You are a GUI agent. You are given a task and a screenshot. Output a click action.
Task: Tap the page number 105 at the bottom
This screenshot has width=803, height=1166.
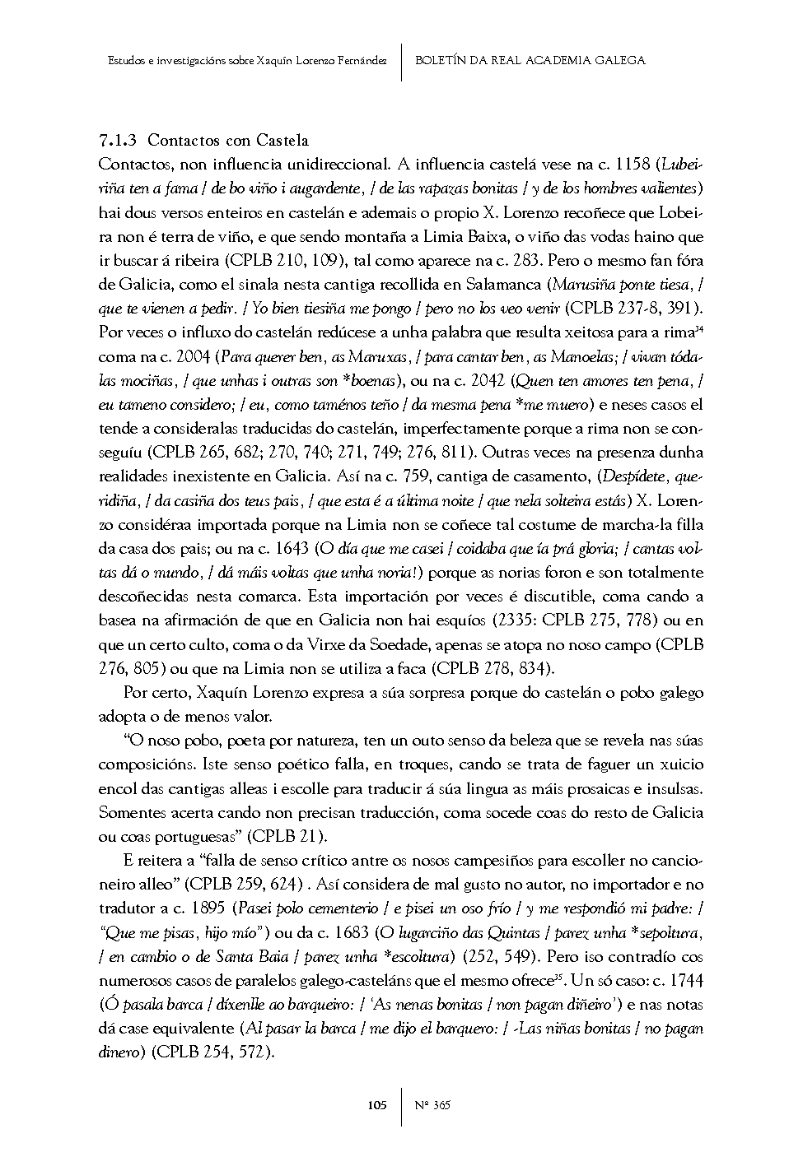[376, 1105]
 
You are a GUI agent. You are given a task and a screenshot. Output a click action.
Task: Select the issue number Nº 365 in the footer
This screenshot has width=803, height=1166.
[433, 1105]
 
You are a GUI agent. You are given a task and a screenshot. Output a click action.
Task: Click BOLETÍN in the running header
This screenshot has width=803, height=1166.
[442, 60]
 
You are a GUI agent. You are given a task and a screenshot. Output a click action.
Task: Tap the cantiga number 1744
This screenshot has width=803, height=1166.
[684, 981]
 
